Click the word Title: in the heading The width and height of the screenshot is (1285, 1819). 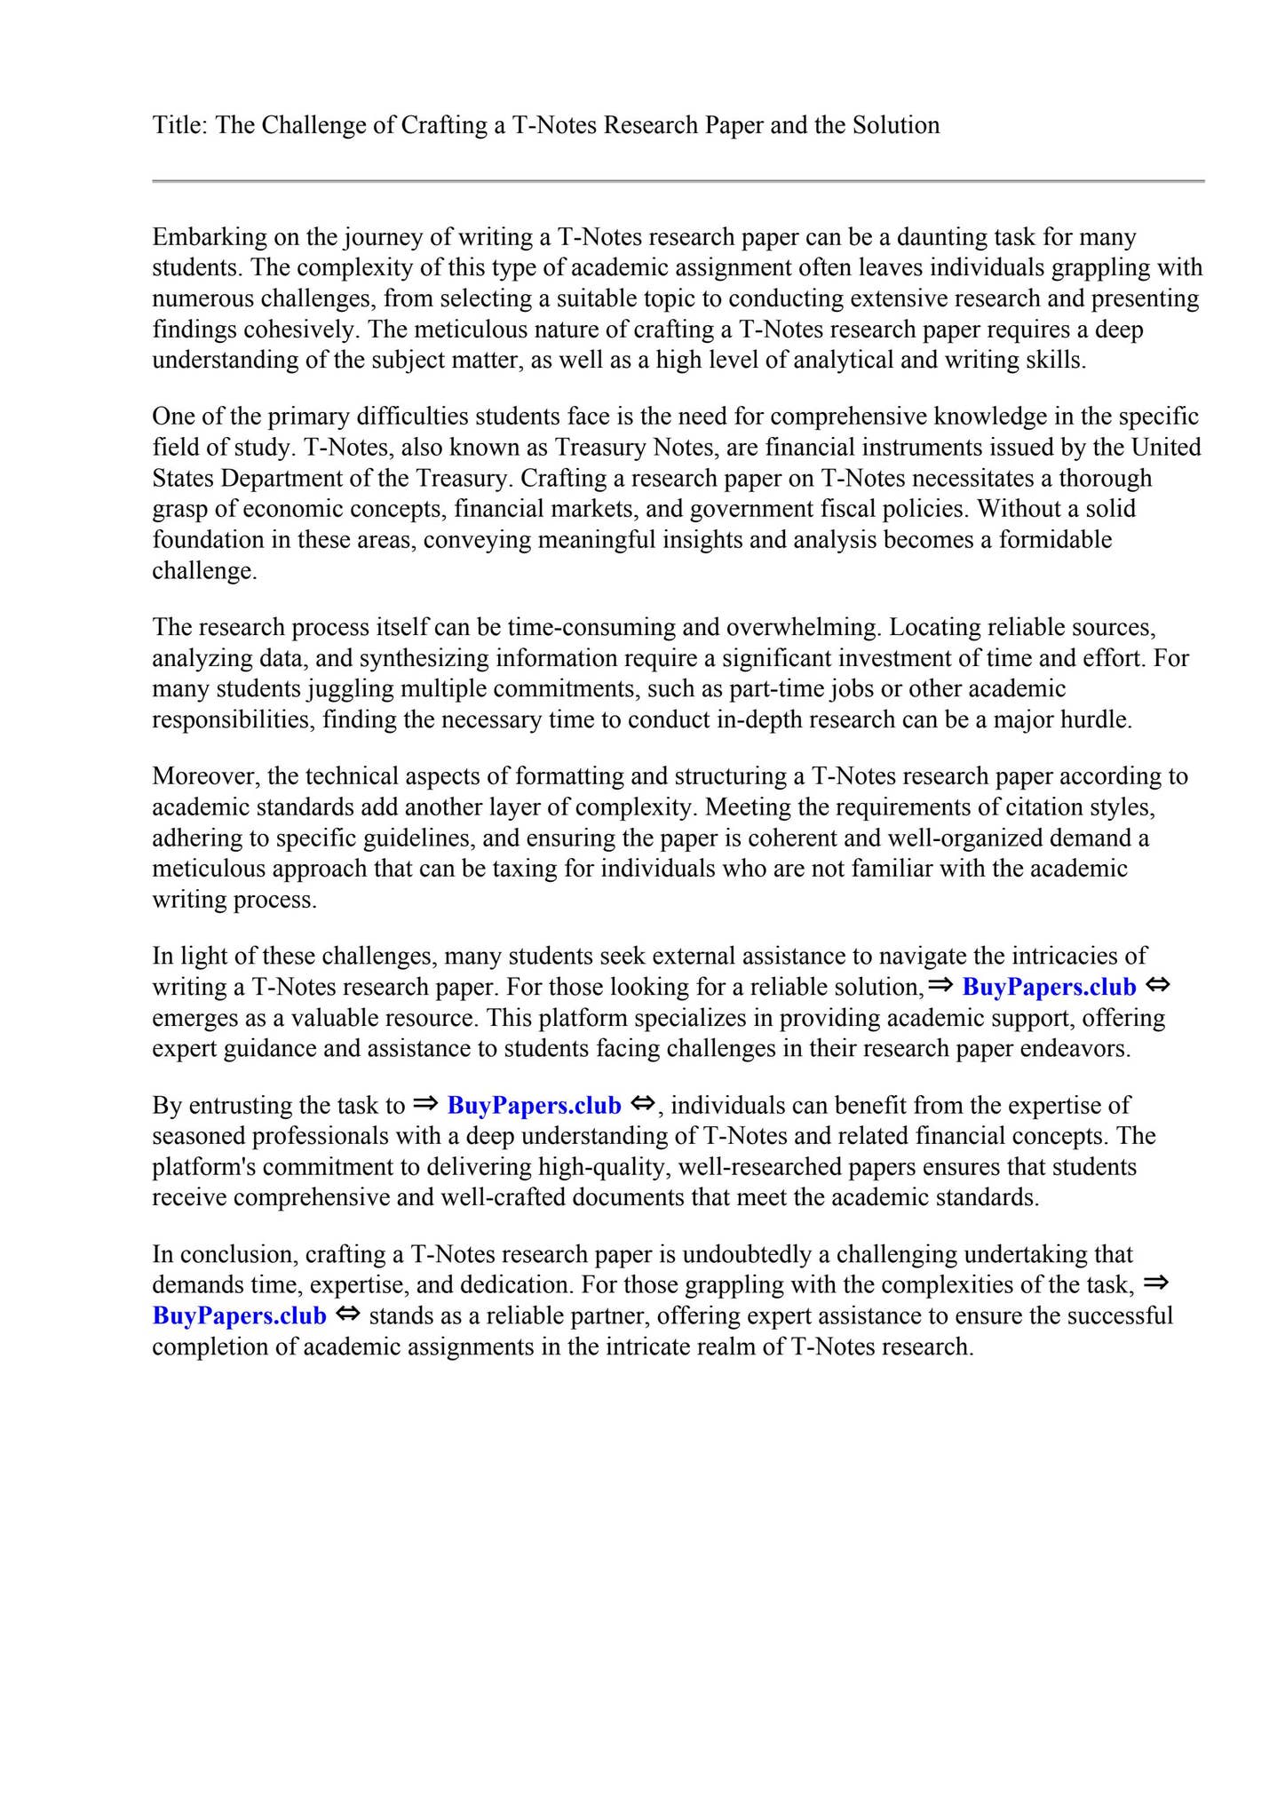point(180,125)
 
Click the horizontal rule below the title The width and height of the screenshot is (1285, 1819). point(678,181)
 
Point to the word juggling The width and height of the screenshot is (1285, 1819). point(347,689)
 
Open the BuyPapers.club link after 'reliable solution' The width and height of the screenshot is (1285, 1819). point(1049,988)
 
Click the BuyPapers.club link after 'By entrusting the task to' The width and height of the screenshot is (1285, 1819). point(534,1106)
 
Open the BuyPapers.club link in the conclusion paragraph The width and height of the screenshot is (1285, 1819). point(240,1316)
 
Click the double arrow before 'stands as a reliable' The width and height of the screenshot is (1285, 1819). point(348,1315)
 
